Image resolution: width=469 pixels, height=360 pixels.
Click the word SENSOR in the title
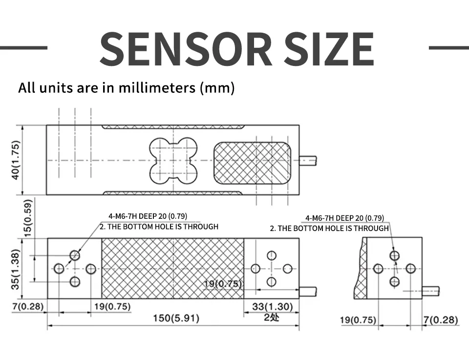pos(186,49)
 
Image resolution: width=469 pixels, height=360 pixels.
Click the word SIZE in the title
pos(329,49)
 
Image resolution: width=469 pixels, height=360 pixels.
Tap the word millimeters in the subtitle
pos(157,87)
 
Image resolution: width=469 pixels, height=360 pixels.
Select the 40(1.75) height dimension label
pos(16,160)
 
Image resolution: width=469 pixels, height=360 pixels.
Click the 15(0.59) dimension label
pos(27,218)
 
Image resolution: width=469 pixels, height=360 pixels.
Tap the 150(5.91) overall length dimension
pos(176,318)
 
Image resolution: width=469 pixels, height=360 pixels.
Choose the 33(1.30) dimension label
pos(273,306)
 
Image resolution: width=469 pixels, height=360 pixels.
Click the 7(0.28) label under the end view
pos(441,320)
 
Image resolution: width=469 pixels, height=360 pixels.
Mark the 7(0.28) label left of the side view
pos(28,306)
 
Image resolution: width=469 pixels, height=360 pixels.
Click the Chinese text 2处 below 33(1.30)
pos(271,317)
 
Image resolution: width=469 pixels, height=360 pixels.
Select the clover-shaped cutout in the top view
pos(173,161)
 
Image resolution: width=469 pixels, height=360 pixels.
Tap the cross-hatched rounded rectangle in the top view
pos(252,163)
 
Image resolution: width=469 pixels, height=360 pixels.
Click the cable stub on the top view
pos(308,161)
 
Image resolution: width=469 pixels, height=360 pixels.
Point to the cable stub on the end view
pos(431,291)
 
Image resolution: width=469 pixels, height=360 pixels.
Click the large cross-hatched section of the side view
pos(173,268)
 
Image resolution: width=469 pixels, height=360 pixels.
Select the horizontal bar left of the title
pos(23,47)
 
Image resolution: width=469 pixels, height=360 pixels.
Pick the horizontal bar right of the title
pos(449,47)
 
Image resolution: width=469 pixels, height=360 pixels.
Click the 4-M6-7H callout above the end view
pos(344,218)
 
